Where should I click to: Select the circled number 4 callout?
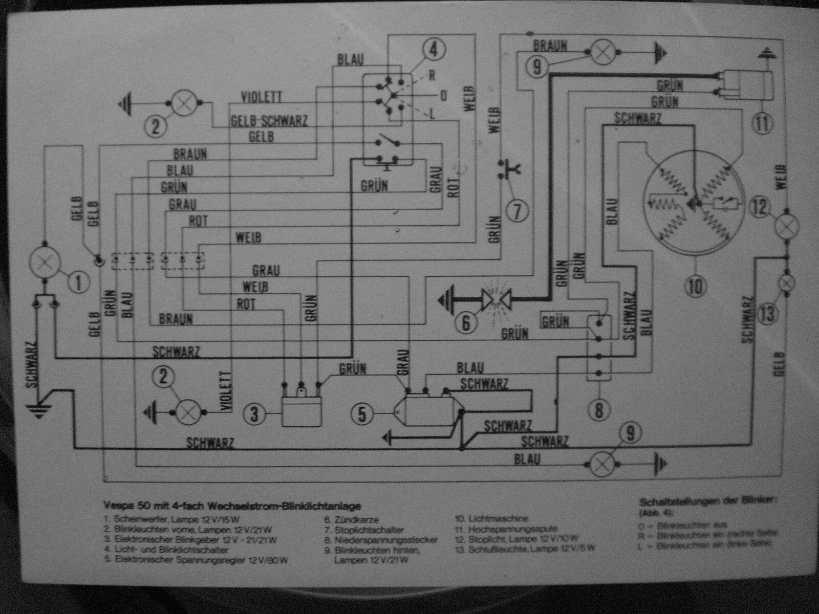(434, 50)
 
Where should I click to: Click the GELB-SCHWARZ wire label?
(269, 121)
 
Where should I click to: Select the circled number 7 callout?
(519, 210)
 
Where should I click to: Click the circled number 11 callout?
(763, 123)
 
